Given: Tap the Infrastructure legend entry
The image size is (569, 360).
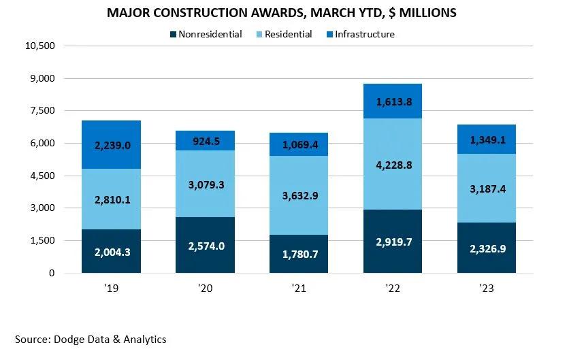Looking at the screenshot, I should coord(363,34).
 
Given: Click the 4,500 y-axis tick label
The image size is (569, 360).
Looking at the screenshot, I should coord(42,176).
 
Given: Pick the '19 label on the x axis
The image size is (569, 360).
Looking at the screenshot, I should coord(111,289).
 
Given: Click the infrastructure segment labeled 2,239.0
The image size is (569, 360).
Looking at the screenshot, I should coord(112,144).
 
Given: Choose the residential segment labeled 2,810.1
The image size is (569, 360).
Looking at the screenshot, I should coord(112,199).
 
